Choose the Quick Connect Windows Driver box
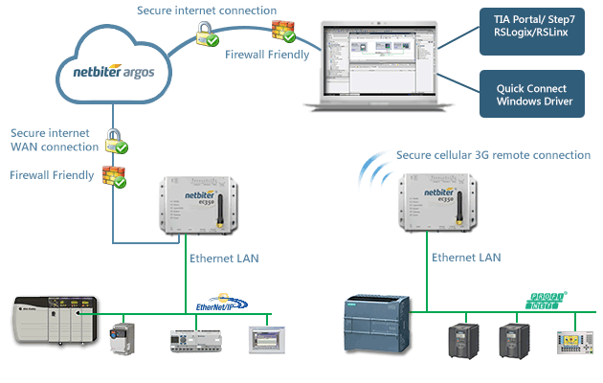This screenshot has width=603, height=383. tap(531, 94)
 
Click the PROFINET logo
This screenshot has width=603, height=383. tap(544, 301)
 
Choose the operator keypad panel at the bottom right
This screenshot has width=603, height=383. tap(574, 341)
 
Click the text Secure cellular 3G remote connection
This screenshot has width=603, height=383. tap(493, 155)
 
